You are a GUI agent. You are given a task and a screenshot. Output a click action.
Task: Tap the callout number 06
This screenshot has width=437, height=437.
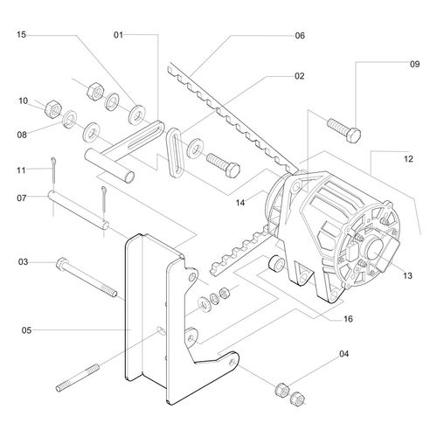(299, 36)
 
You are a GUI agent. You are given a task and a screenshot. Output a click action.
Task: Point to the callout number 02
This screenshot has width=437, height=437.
(299, 76)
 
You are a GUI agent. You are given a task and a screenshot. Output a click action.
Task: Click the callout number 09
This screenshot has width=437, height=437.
(414, 64)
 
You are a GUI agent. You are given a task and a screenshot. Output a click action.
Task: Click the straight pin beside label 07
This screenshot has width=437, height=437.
(79, 212)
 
